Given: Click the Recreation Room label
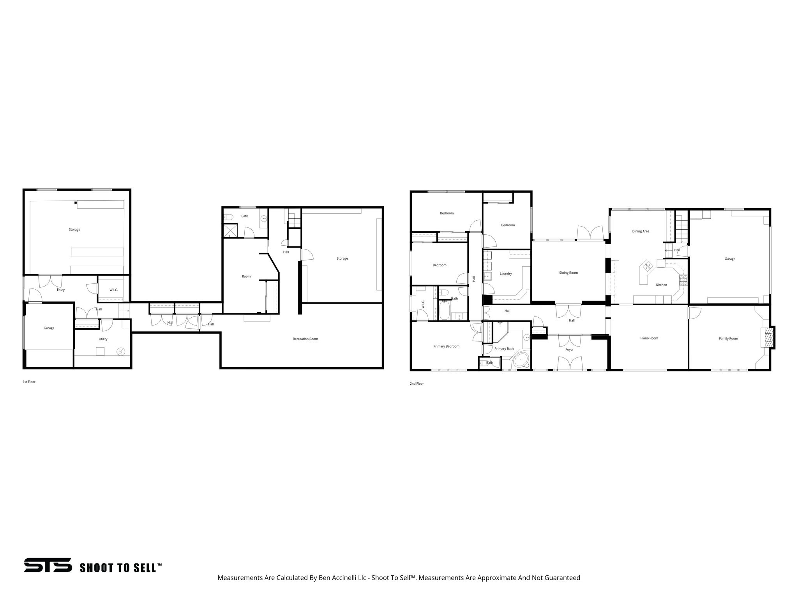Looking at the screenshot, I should tap(305, 339).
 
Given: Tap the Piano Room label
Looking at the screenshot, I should tap(649, 338).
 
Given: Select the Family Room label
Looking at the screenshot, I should tap(728, 339).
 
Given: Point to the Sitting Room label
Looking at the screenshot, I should tap(568, 273).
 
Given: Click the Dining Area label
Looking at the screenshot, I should tap(641, 232).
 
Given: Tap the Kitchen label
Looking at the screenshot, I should tap(661, 285).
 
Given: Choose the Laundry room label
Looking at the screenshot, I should tap(505, 274).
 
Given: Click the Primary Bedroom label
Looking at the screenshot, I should tap(446, 346).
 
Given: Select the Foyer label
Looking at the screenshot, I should tap(569, 350).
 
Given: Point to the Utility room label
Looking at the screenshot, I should tap(103, 339).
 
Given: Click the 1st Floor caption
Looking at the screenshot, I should tap(29, 382).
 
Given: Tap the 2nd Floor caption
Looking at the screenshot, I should tap(417, 384).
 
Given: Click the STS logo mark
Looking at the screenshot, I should tap(48, 565).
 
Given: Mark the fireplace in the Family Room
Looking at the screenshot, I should tap(768, 338).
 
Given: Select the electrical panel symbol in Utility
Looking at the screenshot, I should tap(121, 352).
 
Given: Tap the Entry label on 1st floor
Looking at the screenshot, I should tap(61, 290).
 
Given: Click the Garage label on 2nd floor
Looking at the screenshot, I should tap(730, 259).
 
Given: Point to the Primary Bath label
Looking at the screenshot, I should tap(504, 349).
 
